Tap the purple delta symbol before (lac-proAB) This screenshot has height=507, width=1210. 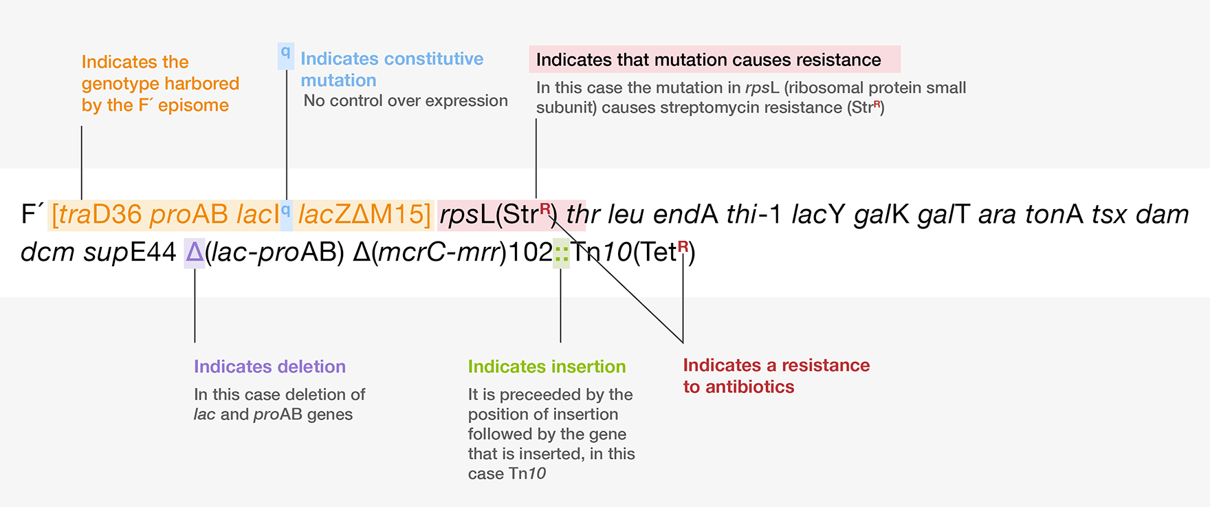tap(195, 252)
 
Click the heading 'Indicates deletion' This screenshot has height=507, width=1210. tap(269, 367)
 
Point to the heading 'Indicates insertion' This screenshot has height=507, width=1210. tap(547, 367)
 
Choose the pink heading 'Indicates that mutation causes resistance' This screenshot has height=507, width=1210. tap(708, 60)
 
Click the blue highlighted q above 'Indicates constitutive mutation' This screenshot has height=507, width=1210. tap(285, 52)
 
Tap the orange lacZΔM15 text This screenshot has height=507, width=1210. tap(364, 215)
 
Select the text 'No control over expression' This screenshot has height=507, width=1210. tap(406, 101)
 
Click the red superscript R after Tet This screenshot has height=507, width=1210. tap(683, 246)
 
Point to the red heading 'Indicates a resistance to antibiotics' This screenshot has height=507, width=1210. tap(776, 376)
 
